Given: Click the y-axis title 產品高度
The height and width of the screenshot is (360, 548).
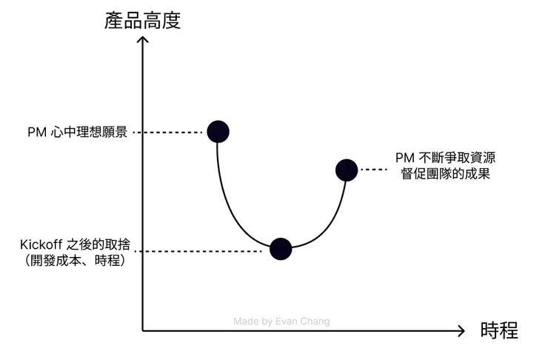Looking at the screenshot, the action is [143, 20].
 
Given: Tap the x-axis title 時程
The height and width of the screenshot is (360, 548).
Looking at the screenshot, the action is [498, 330].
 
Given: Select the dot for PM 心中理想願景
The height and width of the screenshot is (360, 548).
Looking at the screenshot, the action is [218, 132].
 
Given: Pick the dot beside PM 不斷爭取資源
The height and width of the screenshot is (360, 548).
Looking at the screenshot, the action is [346, 170].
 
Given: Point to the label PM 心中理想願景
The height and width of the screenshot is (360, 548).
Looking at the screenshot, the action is [76, 133].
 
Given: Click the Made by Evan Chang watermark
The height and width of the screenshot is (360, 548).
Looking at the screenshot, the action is [281, 321].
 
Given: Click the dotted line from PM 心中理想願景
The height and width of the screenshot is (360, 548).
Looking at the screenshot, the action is [173, 133].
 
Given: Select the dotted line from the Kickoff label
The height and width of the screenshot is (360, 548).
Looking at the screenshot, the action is [202, 252].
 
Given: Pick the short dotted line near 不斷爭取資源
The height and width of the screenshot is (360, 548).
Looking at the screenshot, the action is [374, 170].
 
